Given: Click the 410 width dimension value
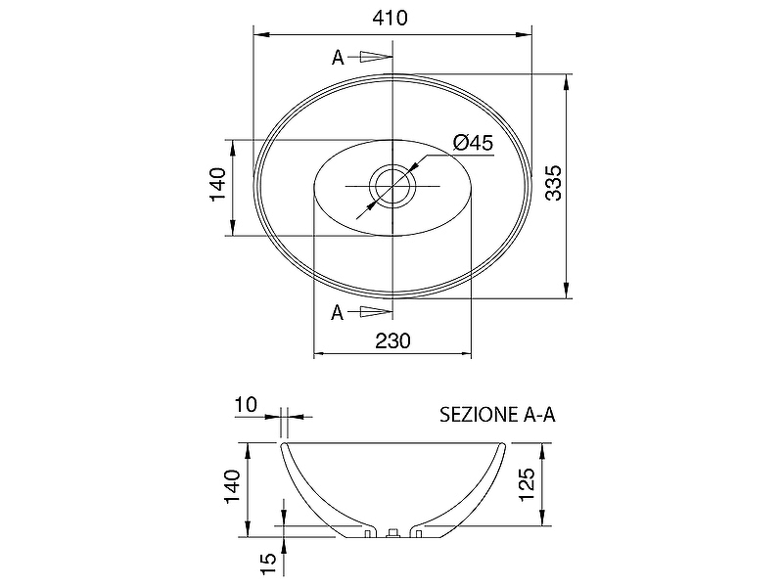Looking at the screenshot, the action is point(390,18).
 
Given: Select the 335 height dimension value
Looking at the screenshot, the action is point(554,183).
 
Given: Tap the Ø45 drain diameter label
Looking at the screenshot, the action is point(473,143).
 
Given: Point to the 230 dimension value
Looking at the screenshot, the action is point(393,340).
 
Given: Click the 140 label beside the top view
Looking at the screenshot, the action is point(218,184).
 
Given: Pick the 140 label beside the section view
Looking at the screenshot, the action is point(233,486).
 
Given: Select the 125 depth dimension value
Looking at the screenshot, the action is point(528,484).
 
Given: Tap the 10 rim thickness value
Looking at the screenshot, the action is point(247,405).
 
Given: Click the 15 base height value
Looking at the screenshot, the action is point(268,564).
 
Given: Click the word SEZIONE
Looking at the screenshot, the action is point(479,414).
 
